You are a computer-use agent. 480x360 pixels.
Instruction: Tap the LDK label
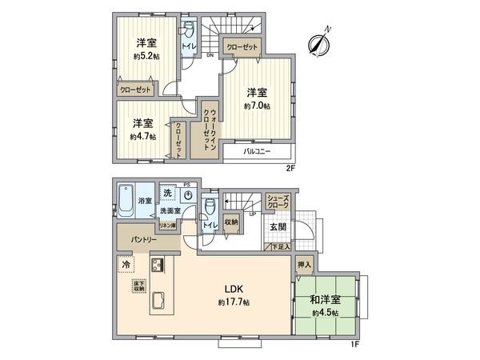(x=233, y=289)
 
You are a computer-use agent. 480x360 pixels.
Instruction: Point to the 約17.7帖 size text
(x=234, y=303)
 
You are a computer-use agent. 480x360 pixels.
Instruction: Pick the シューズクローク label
(x=278, y=201)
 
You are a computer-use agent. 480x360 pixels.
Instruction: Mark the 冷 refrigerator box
(x=126, y=262)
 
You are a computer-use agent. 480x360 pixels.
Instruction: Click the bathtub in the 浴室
(x=126, y=200)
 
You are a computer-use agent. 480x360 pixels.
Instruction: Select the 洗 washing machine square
(x=167, y=194)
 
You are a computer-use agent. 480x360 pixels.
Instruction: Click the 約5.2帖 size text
(x=145, y=57)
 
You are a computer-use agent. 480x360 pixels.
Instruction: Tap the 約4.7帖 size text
(x=143, y=136)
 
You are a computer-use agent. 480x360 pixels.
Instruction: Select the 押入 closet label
(x=305, y=264)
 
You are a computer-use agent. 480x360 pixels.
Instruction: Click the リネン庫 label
(x=168, y=227)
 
